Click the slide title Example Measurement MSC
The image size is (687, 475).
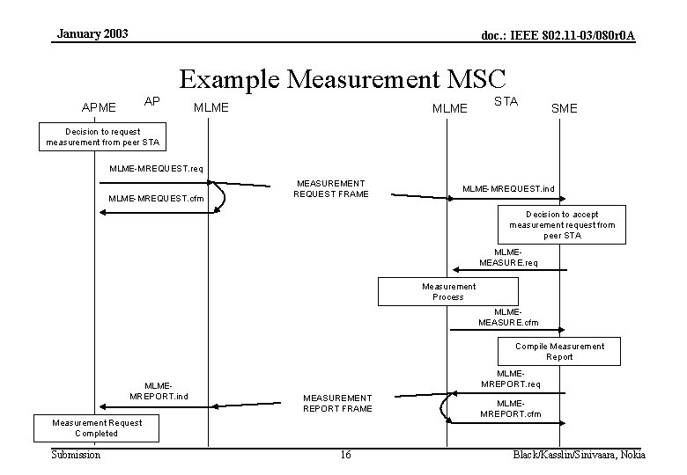tap(343, 78)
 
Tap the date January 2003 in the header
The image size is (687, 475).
tap(92, 33)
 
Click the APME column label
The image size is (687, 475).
tap(99, 107)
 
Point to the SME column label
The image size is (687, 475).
tap(564, 107)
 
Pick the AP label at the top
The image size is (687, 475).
tap(151, 100)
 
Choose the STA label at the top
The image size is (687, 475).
tap(506, 101)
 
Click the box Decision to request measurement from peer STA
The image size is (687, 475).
tap(101, 136)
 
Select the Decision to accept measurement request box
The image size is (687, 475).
tap(562, 225)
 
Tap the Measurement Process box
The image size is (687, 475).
tap(447, 291)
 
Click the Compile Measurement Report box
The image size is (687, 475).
tap(559, 351)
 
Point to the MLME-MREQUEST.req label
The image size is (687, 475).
tap(156, 168)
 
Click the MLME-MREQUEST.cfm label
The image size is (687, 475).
tap(156, 199)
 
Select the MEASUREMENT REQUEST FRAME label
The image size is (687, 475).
tap(331, 188)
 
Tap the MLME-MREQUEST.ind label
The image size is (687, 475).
tap(508, 188)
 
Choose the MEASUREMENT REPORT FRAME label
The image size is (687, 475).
tap(337, 403)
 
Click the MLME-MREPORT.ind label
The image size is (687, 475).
tap(159, 391)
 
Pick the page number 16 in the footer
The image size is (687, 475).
tap(345, 455)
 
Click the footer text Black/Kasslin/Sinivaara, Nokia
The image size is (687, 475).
tap(579, 455)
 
